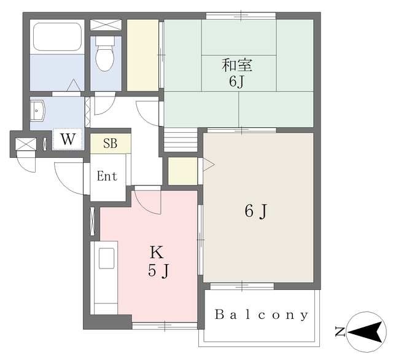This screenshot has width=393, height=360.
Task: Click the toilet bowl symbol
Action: [105, 53]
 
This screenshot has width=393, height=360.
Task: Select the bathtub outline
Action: [57, 37]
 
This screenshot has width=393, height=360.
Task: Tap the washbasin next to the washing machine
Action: [37, 111]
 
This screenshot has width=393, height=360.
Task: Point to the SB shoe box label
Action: [111, 143]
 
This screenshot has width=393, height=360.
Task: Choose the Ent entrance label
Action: [107, 176]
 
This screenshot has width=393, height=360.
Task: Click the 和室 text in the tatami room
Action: [237, 65]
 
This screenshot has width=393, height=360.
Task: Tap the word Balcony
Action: [261, 315]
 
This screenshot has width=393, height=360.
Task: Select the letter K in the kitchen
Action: [157, 252]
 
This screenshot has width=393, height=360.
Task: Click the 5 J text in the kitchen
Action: [159, 271]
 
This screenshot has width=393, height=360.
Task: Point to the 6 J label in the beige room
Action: [256, 211]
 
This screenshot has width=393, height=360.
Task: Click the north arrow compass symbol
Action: [367, 332]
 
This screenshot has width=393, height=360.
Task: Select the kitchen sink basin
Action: [106, 258]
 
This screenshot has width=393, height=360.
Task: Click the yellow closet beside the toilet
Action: [142, 55]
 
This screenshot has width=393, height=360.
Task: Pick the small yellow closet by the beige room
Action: [183, 171]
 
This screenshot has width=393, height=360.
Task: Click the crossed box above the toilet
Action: [106, 25]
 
